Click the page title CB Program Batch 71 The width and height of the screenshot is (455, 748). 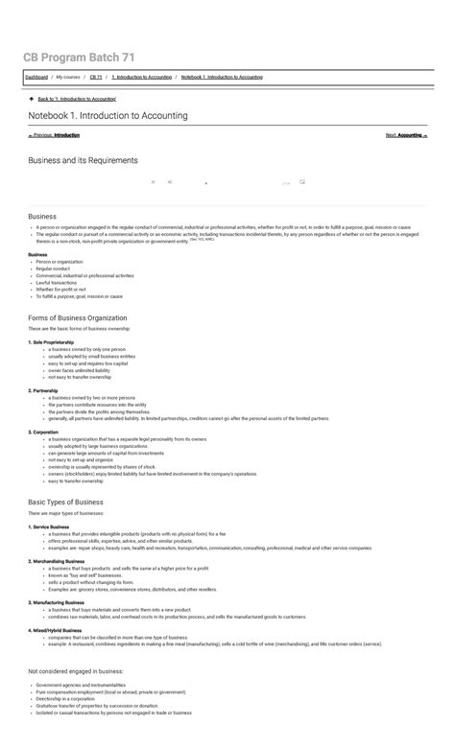tap(79, 58)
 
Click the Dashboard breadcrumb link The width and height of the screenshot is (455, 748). tap(36, 77)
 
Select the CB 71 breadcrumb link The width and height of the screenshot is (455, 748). tap(95, 77)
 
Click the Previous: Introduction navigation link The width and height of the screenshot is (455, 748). tap(54, 135)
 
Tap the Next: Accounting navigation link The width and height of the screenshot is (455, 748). tap(406, 135)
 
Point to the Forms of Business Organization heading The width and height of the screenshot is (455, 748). tap(78, 317)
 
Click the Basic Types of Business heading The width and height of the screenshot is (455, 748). tap(65, 502)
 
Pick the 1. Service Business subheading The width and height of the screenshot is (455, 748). tap(49, 526)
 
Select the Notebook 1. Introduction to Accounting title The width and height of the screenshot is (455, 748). tap(108, 115)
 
